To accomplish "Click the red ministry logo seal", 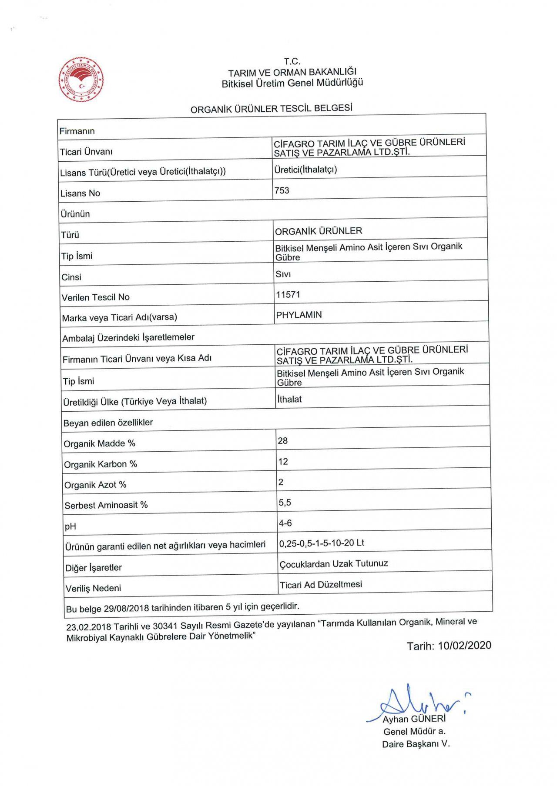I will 81,80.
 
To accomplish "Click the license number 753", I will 282,190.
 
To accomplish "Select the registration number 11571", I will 288,294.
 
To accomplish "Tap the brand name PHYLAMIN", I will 299,315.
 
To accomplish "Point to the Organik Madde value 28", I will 282,441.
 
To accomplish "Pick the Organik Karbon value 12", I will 283,461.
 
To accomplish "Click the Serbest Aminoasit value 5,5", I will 285,503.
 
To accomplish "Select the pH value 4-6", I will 285,523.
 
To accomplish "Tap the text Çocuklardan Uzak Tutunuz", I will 333,564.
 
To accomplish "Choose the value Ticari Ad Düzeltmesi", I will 321,585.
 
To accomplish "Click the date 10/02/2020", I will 464,646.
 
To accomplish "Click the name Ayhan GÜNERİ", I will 414,719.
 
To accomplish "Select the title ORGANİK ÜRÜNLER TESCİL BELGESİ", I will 271,109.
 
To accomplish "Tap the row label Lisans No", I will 80,193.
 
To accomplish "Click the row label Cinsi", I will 71,277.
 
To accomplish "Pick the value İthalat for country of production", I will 289,399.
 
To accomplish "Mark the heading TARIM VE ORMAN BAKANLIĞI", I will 292,72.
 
